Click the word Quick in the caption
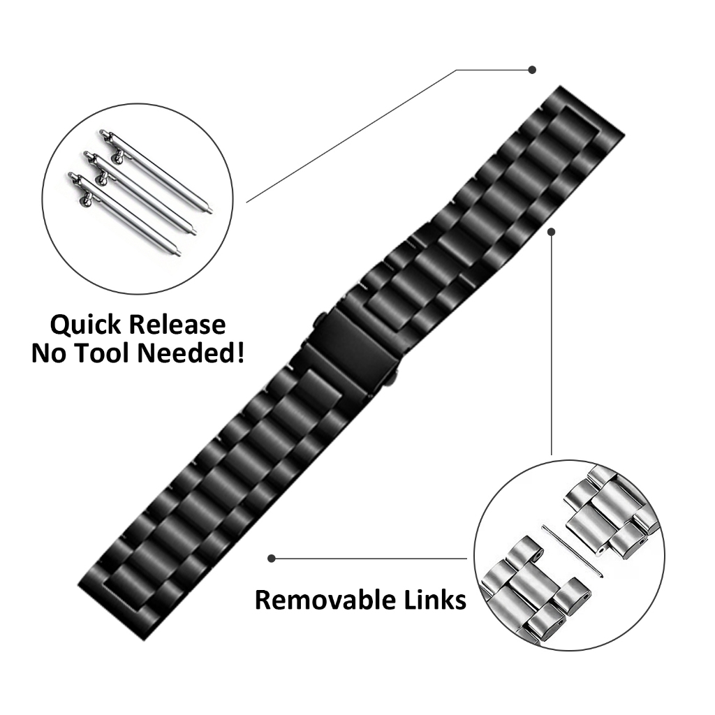click(x=86, y=325)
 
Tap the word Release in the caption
click(x=177, y=325)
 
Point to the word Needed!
click(x=191, y=353)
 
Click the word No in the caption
click(x=49, y=354)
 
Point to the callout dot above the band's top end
click(x=531, y=70)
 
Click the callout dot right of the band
click(x=552, y=232)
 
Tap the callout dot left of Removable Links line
click(x=272, y=558)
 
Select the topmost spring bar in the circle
click(x=155, y=172)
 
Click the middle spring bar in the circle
click(x=140, y=193)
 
